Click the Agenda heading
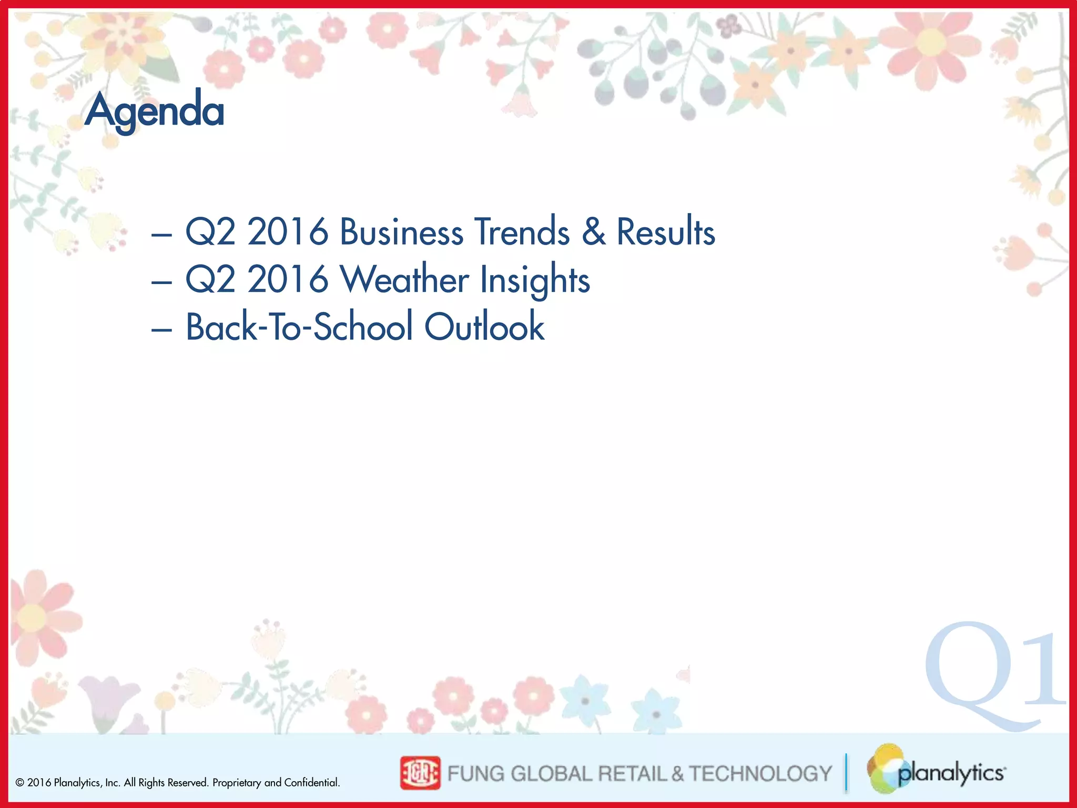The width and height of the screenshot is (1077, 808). [x=155, y=110]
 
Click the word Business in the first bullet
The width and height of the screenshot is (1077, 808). [x=401, y=232]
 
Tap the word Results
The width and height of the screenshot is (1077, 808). [x=665, y=232]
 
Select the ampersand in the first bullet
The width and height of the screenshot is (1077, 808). [x=594, y=232]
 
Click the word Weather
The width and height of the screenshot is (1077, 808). [x=404, y=279]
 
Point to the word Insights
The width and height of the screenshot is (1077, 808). [x=535, y=280]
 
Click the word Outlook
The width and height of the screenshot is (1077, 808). [x=484, y=327]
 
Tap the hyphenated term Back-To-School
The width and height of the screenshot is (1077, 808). [x=299, y=327]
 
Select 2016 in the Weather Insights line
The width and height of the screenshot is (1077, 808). [x=288, y=279]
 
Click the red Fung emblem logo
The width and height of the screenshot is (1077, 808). [x=420, y=773]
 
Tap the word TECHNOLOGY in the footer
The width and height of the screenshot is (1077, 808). [x=760, y=773]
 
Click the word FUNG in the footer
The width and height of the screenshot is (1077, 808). [x=476, y=773]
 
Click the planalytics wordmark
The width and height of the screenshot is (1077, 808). [x=951, y=773]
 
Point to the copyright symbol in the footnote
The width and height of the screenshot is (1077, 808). [x=20, y=783]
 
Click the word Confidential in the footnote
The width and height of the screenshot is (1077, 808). [x=311, y=783]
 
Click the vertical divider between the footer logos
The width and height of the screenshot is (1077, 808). [x=846, y=772]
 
